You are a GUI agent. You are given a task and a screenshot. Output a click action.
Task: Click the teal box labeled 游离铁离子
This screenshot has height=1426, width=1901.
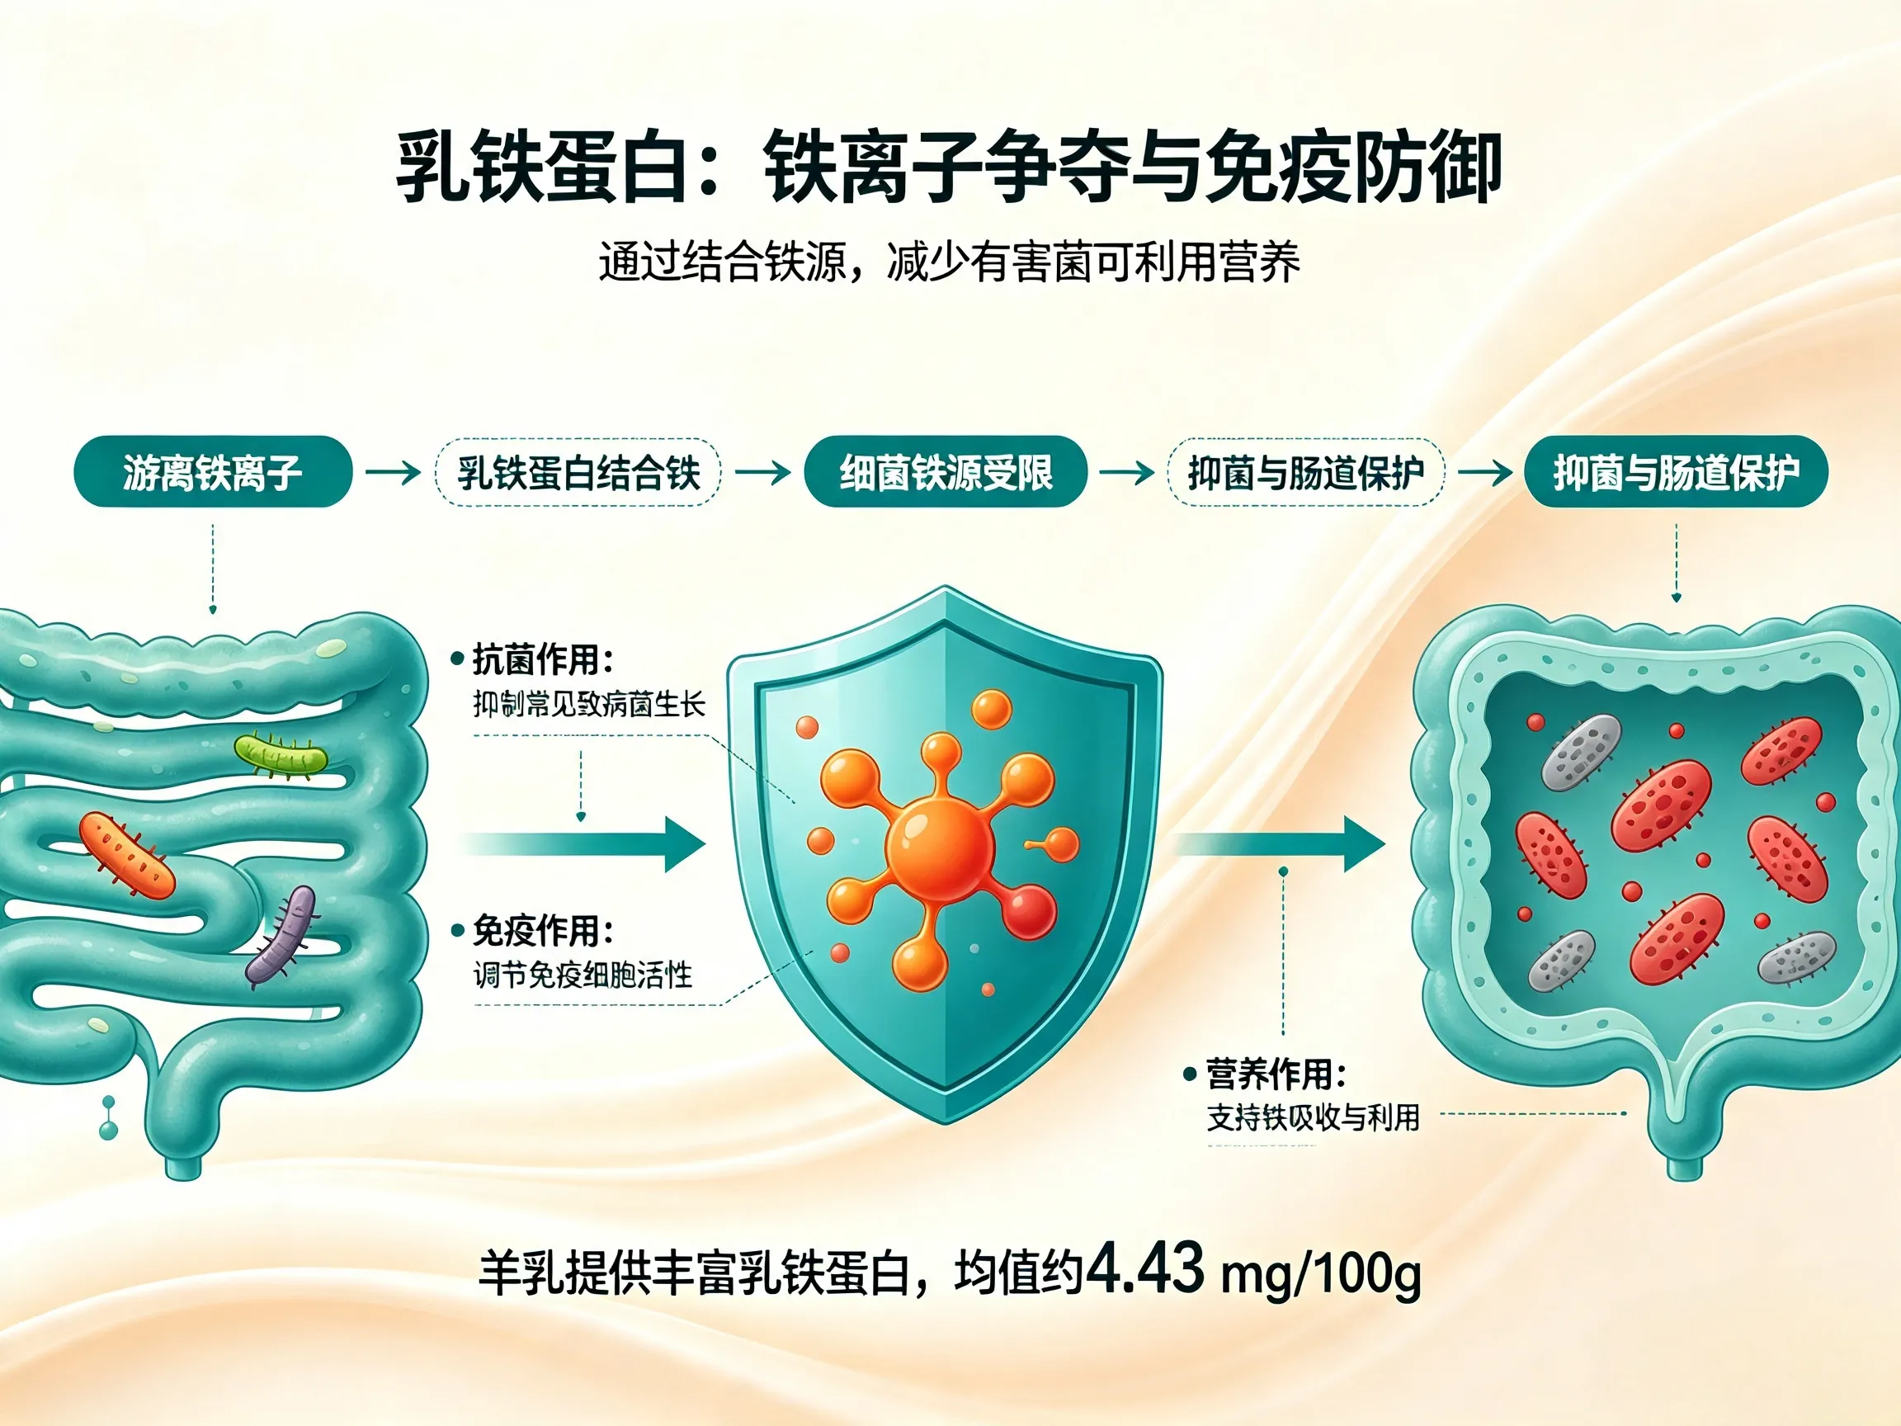click(x=213, y=472)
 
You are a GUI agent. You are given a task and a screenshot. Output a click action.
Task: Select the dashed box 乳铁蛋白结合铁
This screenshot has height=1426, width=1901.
click(x=578, y=472)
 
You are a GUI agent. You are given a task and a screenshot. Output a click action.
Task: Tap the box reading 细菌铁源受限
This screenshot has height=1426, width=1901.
click(x=946, y=472)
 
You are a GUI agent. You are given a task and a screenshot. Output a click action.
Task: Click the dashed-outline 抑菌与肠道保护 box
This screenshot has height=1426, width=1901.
click(x=1305, y=472)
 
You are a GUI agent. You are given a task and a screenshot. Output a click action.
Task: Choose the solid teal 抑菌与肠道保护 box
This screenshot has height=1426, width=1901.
click(x=1676, y=472)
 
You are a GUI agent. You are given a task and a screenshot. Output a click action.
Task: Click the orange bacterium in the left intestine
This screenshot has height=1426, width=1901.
click(x=127, y=856)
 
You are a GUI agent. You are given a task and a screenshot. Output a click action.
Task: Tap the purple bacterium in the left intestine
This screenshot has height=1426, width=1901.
click(x=282, y=935)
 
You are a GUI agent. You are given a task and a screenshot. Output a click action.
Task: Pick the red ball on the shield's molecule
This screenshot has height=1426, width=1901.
click(x=1029, y=912)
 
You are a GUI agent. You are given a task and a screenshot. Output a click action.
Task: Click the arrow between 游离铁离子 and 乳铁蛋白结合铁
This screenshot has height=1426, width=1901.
click(x=393, y=472)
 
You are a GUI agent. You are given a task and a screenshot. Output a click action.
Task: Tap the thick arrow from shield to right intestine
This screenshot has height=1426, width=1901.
click(x=1281, y=844)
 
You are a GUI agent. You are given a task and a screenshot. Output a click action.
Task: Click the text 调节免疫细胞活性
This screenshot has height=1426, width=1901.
click(x=583, y=975)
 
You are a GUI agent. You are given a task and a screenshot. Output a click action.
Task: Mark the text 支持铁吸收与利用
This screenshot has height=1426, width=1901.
click(x=1314, y=1117)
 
